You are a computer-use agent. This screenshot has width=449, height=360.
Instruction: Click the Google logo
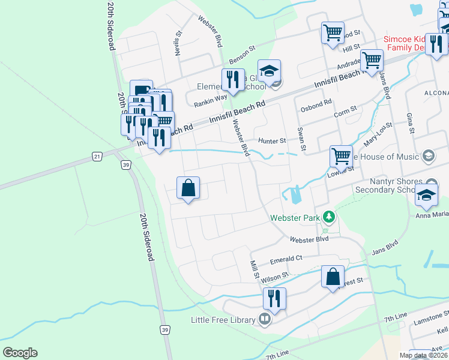click(x=20, y=353)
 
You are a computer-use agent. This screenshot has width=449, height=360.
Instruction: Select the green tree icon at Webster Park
click(x=328, y=216)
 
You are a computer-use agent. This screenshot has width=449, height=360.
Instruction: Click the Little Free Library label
click(x=223, y=320)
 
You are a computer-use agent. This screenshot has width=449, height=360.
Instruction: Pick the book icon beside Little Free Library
click(x=265, y=319)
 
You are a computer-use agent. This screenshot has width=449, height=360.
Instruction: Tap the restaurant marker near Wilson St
click(x=274, y=299)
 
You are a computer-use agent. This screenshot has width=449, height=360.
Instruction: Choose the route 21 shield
click(x=97, y=156)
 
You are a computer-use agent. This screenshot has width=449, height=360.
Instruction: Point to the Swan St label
click(x=302, y=139)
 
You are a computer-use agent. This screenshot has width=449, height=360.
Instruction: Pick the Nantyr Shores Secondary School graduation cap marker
click(x=426, y=195)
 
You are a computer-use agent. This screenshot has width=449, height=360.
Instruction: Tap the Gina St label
click(x=411, y=122)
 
